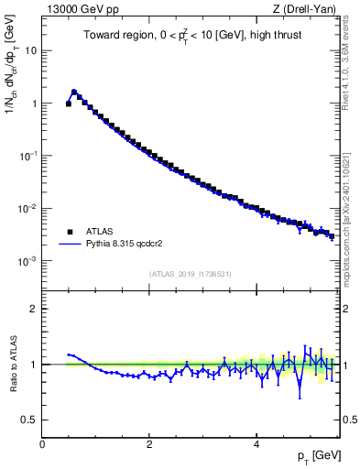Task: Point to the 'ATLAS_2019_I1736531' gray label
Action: [x=190, y=273]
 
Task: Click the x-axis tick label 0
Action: [x=42, y=443]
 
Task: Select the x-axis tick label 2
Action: [x=149, y=443]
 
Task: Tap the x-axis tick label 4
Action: [x=256, y=443]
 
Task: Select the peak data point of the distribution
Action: [x=74, y=92]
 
